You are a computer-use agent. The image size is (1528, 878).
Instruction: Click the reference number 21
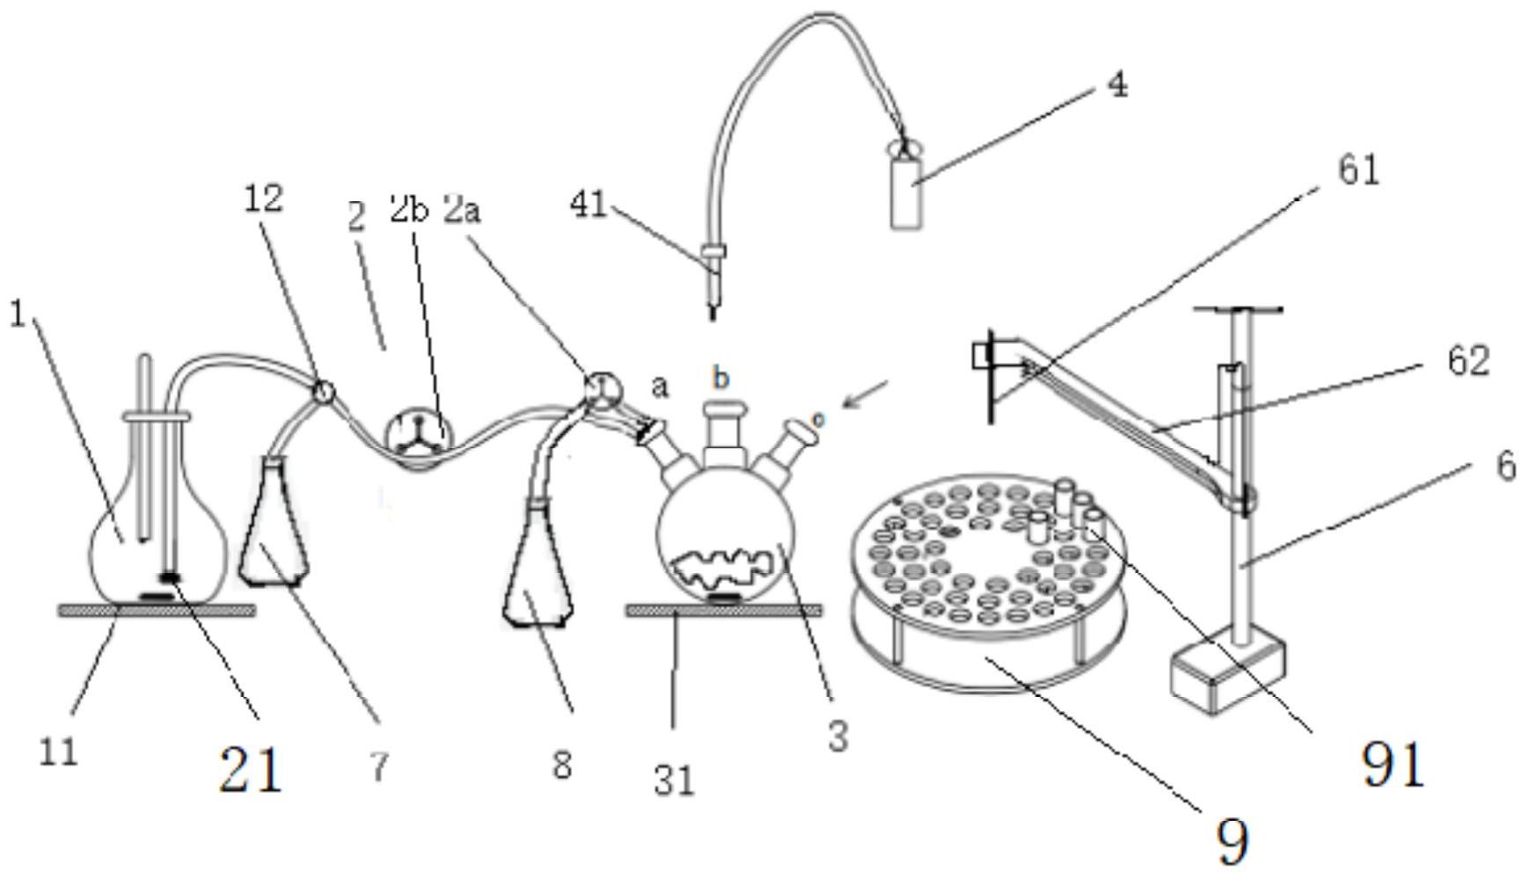(x=251, y=771)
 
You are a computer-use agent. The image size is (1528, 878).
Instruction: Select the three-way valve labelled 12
(x=323, y=388)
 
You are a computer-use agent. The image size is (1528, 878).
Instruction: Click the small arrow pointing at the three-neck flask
(x=866, y=394)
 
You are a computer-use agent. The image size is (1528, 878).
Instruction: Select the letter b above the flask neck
(x=721, y=378)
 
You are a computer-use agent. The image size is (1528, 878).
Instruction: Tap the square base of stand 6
(x=1227, y=674)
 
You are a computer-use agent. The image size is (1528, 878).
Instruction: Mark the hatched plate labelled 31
(x=724, y=611)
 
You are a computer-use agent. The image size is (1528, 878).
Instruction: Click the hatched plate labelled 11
(x=156, y=610)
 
